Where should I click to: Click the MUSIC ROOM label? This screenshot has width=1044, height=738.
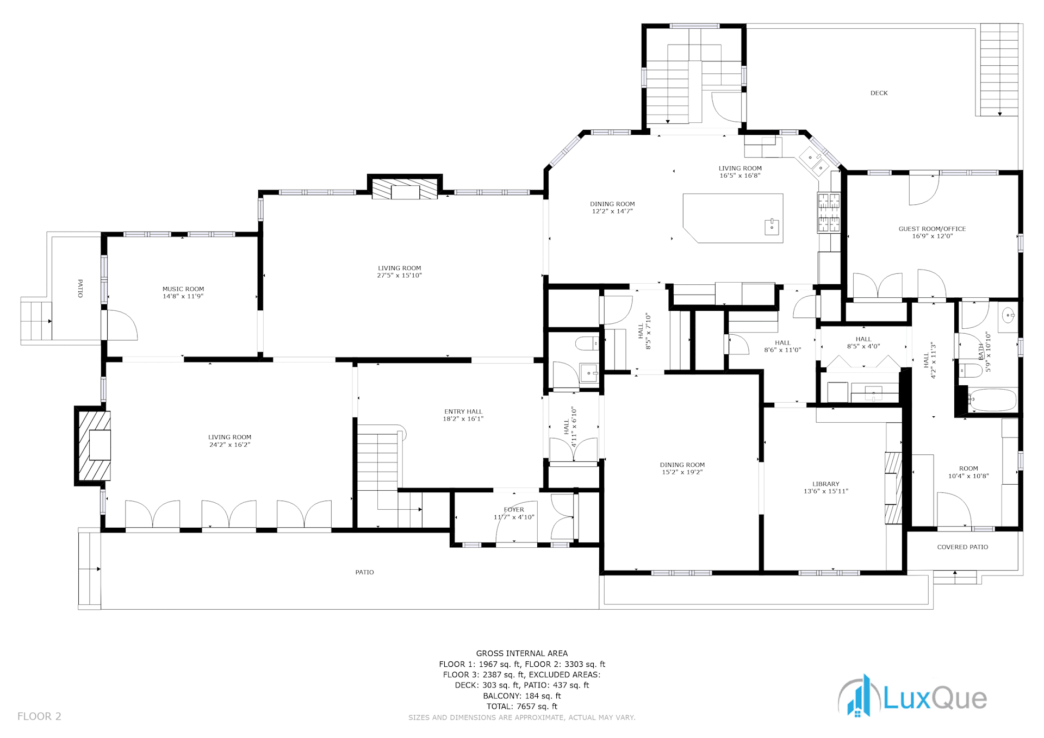click(183, 289)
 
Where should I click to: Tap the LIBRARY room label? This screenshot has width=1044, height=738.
click(825, 484)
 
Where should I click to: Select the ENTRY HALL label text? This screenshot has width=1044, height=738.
click(463, 411)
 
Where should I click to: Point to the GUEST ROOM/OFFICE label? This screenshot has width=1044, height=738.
click(932, 229)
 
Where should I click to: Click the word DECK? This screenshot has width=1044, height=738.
click(879, 93)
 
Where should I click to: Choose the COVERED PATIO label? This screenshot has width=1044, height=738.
click(962, 547)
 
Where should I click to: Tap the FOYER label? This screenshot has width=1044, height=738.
click(514, 510)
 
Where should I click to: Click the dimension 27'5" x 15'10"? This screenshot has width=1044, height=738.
click(400, 276)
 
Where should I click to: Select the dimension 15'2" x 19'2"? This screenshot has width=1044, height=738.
click(682, 472)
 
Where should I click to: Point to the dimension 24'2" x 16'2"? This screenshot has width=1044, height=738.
click(229, 445)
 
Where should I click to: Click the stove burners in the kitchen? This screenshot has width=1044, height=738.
click(829, 212)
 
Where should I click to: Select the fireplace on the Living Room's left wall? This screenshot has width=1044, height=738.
click(94, 446)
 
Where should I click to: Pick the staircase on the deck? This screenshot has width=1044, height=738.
click(999, 70)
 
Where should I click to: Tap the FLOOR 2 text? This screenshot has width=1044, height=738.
click(39, 716)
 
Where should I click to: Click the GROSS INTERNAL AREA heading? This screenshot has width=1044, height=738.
click(522, 653)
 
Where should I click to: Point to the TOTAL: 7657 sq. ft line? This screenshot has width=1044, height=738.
click(522, 706)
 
